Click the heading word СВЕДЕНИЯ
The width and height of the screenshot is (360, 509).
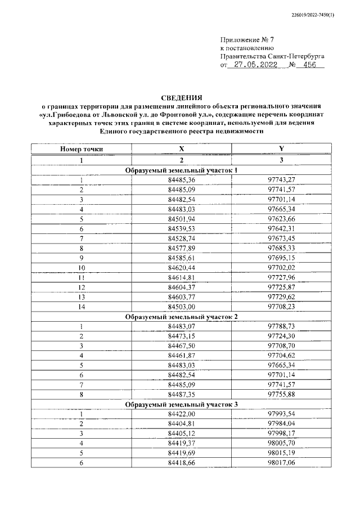[181, 97]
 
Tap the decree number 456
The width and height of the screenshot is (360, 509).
[309, 65]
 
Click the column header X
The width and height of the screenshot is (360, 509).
[181, 149]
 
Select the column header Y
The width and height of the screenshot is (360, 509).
[281, 149]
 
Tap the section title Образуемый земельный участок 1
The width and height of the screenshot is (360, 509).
[181, 170]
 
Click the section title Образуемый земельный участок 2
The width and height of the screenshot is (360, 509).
[181, 317]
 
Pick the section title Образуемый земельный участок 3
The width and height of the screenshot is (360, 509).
[181, 404]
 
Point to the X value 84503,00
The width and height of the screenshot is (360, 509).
[181, 306]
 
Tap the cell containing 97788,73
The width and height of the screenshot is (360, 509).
[281, 327]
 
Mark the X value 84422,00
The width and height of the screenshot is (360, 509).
[181, 414]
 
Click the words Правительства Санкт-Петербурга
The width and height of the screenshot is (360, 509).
[272, 56]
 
